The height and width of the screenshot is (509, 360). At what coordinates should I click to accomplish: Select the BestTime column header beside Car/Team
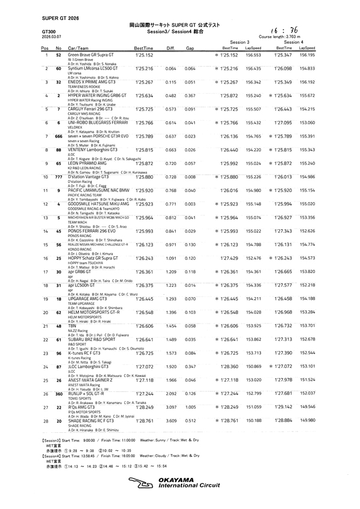[144, 48]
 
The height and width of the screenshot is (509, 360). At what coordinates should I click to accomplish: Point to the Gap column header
[190, 48]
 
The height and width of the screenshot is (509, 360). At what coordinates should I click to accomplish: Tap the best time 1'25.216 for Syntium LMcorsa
[144, 69]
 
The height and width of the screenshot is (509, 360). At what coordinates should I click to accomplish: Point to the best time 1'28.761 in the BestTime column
[144, 440]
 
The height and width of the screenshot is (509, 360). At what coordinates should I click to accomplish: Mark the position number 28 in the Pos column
[45, 440]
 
